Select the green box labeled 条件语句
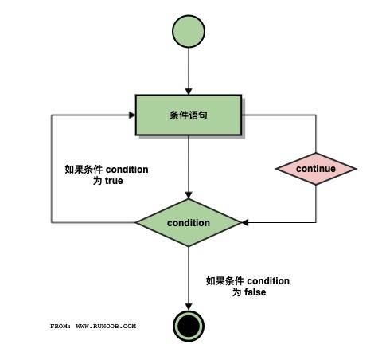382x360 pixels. click(x=189, y=115)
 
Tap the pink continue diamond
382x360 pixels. click(x=316, y=169)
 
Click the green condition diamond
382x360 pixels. click(x=189, y=222)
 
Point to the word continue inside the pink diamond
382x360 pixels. click(x=316, y=169)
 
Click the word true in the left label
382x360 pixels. click(x=113, y=182)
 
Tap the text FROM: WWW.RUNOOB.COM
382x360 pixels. click(x=93, y=326)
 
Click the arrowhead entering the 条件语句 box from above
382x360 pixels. click(x=189, y=91)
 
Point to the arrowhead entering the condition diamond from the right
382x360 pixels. click(x=246, y=222)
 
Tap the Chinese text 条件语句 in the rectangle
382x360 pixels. click(x=189, y=115)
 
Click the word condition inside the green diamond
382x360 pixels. click(x=189, y=223)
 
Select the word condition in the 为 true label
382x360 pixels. click(x=126, y=170)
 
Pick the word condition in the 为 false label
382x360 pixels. click(x=267, y=281)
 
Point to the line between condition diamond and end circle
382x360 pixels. click(x=189, y=275)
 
